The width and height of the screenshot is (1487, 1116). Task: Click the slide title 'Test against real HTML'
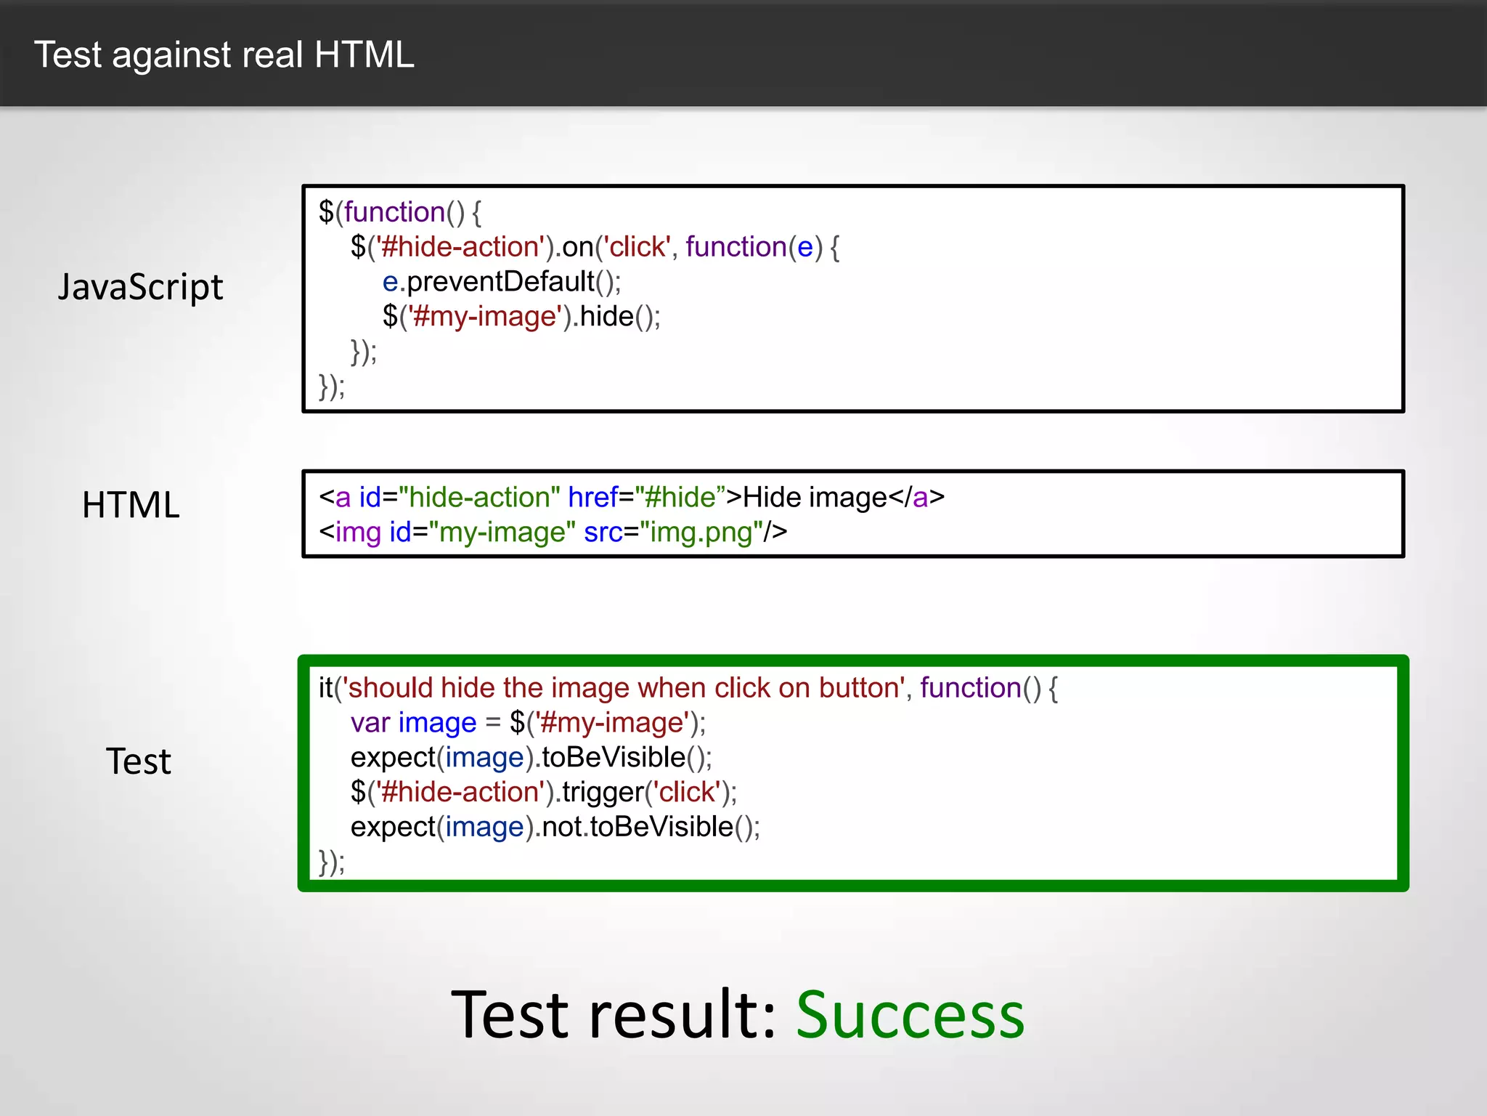click(x=224, y=55)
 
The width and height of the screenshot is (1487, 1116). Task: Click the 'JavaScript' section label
click(x=140, y=287)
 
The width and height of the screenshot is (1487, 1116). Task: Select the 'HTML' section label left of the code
click(x=131, y=505)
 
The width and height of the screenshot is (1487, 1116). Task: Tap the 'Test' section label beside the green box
click(x=138, y=761)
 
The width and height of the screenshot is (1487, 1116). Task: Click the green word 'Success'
click(x=910, y=1015)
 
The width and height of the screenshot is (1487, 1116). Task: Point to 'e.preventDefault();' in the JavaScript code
click(x=501, y=282)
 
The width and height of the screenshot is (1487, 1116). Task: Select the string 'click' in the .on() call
click(x=637, y=248)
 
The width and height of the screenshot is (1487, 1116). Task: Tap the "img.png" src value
click(x=701, y=533)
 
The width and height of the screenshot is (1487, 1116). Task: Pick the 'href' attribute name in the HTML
click(x=592, y=498)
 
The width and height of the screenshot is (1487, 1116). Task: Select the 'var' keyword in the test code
click(x=370, y=723)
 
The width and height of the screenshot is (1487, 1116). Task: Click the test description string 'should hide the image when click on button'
click(x=623, y=688)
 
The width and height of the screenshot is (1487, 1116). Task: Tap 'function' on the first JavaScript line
click(x=394, y=212)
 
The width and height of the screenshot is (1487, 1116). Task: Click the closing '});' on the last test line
click(x=332, y=862)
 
